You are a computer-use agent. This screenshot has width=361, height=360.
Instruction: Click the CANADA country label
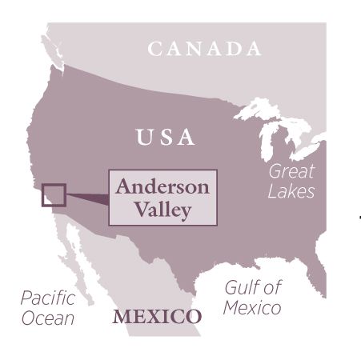click(x=204, y=49)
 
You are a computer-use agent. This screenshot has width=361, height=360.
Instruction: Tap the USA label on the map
click(x=166, y=137)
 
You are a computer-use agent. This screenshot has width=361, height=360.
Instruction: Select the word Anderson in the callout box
click(x=162, y=187)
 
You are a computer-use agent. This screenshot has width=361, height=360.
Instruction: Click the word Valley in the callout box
click(x=163, y=210)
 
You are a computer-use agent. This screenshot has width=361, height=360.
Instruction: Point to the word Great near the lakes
click(x=291, y=171)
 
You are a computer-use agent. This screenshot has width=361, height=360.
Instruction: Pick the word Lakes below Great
click(x=291, y=191)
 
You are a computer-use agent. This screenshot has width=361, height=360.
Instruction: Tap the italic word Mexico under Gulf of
click(x=251, y=308)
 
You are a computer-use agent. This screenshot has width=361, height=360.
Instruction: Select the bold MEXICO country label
click(x=157, y=316)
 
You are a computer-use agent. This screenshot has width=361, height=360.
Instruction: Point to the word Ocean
click(x=47, y=318)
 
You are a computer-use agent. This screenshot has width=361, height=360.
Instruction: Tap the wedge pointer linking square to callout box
click(x=86, y=197)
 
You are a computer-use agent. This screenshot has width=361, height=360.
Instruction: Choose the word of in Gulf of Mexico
click(x=271, y=288)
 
